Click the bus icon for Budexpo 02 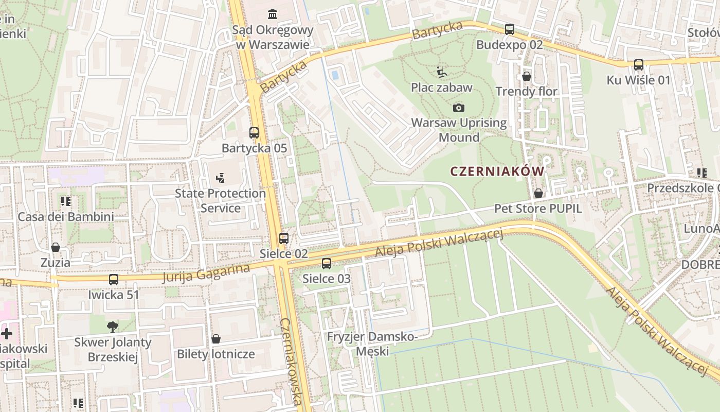click(x=509, y=29)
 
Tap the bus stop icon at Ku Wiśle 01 click(x=638, y=65)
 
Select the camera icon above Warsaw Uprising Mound click(x=458, y=108)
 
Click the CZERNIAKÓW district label click(x=497, y=171)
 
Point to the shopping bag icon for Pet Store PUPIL click(x=538, y=193)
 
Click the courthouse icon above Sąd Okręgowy click(x=272, y=14)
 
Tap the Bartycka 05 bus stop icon click(x=254, y=132)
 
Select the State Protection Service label click(x=220, y=200)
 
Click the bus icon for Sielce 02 click(x=283, y=238)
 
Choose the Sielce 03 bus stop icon click(x=326, y=264)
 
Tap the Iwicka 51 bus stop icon click(x=113, y=280)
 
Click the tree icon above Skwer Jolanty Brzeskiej click(x=113, y=327)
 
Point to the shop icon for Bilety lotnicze click(x=216, y=339)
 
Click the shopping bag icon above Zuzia click(x=56, y=247)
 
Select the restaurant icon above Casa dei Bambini click(x=65, y=201)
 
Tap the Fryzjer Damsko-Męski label click(x=373, y=344)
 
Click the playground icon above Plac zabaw click(x=441, y=72)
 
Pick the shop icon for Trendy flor click(x=526, y=76)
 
